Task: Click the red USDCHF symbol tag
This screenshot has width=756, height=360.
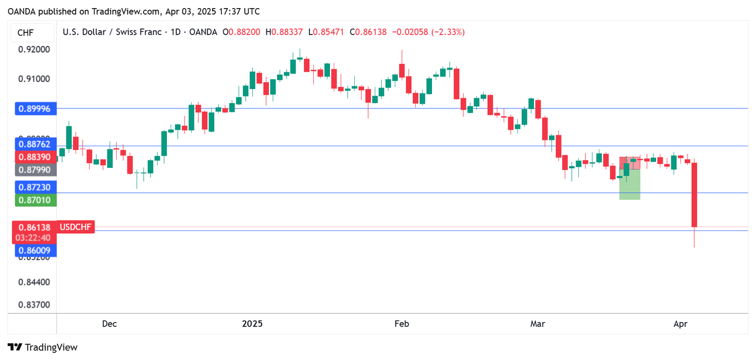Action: click(x=76, y=227)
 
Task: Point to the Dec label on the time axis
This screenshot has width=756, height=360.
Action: click(x=109, y=324)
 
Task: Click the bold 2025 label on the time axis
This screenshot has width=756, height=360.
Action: click(x=252, y=324)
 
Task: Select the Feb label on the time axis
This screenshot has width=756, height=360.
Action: click(x=402, y=324)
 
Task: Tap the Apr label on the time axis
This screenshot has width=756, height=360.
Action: click(x=680, y=324)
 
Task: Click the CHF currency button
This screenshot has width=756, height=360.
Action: click(x=25, y=33)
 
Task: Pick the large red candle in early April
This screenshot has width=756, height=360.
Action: click(x=694, y=194)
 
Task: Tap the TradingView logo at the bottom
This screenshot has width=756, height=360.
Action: click(x=43, y=348)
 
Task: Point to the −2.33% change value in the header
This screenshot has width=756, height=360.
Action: click(x=448, y=32)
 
